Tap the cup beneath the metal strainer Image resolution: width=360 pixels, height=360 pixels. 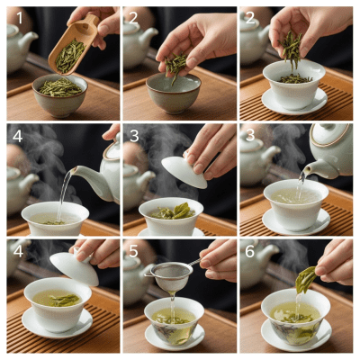[x=174, y=319]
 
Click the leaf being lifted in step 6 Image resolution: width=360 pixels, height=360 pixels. [x=305, y=279]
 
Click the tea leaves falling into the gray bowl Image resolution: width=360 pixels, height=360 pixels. [x=175, y=65]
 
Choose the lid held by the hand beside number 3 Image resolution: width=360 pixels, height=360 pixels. [x=184, y=171]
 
